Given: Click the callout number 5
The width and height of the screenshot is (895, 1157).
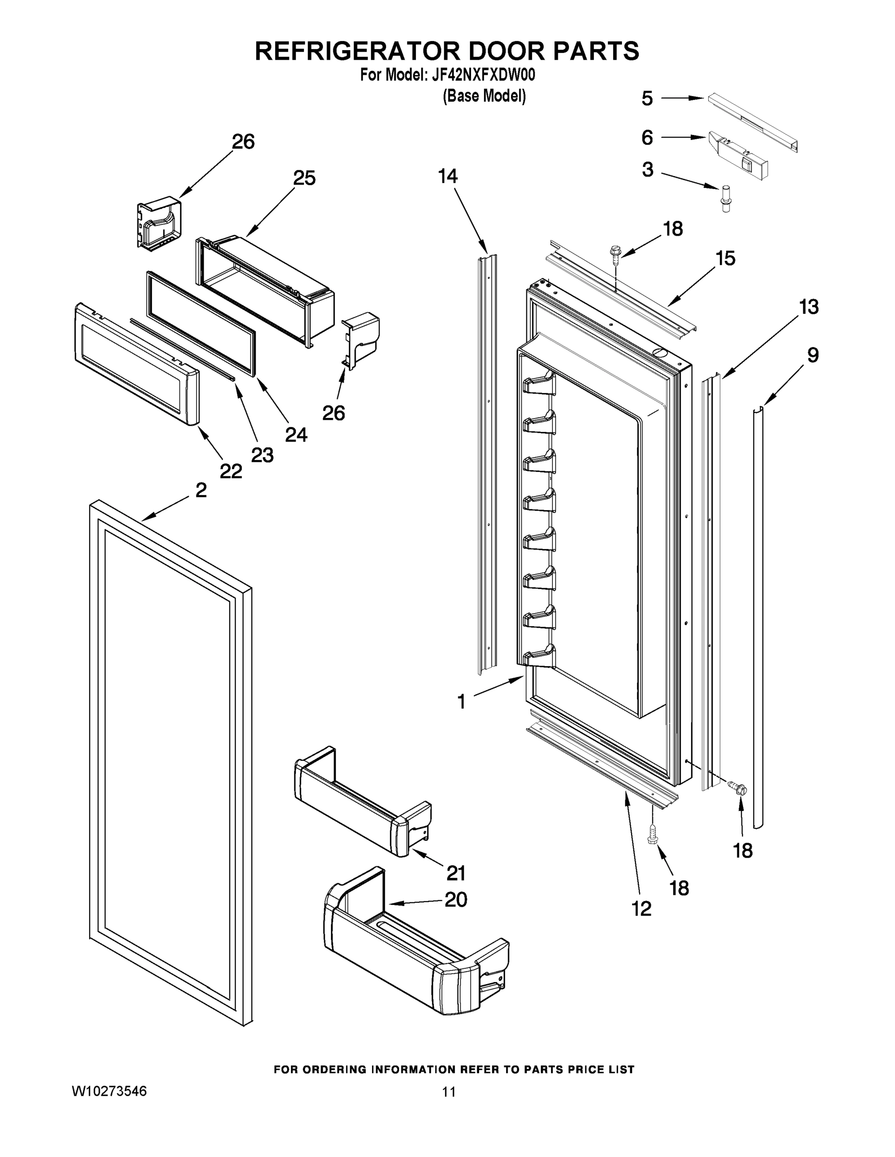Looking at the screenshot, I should (647, 98).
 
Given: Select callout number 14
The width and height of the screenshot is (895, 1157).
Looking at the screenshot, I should (448, 176).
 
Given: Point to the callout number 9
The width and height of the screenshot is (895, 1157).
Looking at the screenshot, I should (813, 355).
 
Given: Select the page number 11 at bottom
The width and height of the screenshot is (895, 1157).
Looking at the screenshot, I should (449, 1092).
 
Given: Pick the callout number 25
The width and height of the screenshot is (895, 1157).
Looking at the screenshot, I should (304, 178).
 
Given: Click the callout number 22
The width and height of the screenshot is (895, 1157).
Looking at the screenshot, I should (231, 471).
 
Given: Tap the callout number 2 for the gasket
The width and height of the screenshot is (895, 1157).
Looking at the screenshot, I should (201, 491).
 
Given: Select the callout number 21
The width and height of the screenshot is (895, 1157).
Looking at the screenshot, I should (456, 873).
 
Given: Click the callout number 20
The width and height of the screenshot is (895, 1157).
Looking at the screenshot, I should (456, 900).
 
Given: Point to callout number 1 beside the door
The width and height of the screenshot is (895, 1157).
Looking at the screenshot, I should (461, 702).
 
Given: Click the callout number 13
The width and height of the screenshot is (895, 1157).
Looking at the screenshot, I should (809, 307).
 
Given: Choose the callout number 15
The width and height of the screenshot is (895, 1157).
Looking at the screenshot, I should (725, 258).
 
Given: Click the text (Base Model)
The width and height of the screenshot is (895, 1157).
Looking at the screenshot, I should (484, 96).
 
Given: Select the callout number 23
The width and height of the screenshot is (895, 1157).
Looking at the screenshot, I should (262, 455).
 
